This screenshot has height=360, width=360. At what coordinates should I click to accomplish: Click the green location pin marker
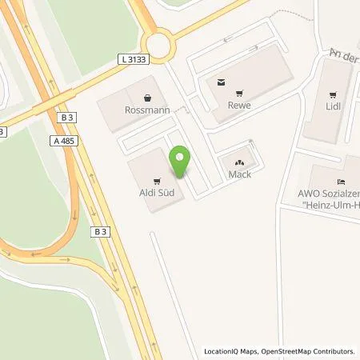click(181, 162)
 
